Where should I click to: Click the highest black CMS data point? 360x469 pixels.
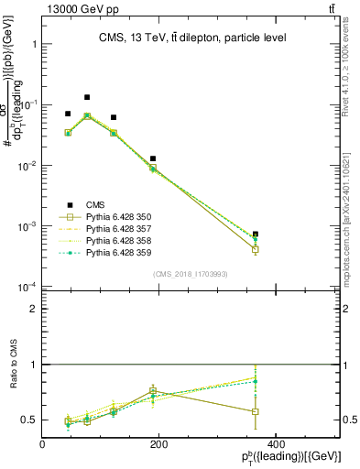87,97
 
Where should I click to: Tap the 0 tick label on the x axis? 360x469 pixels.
43,444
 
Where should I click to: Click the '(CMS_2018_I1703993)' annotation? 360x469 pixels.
190,274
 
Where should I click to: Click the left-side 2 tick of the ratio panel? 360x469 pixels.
34,309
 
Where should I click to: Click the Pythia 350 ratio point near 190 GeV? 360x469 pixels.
154,391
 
